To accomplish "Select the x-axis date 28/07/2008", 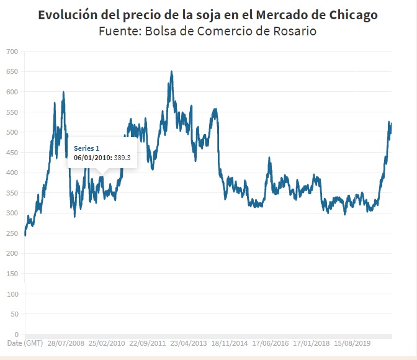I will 66,343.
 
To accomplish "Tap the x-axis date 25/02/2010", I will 107,343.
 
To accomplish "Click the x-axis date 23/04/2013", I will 189,343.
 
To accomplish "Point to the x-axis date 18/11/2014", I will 230,343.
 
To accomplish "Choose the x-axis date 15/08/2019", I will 352,343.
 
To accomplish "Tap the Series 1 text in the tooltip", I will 86,148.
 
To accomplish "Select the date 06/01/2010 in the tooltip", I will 92,158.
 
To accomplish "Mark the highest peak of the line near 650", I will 171,71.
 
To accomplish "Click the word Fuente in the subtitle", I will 119,31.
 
